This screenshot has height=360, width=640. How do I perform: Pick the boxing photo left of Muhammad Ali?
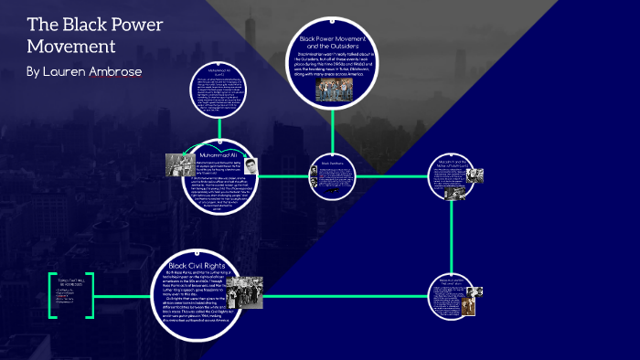[x=177, y=164]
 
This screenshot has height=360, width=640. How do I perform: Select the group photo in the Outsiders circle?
[x=334, y=88]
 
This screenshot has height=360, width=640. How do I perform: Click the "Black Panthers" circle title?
[x=332, y=164]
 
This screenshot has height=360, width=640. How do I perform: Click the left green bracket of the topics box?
[x=53, y=293]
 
